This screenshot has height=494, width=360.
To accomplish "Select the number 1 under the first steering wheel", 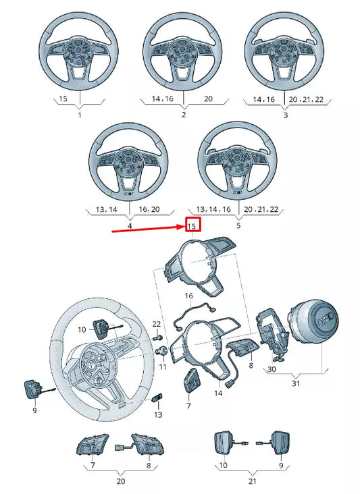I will (x=80, y=115).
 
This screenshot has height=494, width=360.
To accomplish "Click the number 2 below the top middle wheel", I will (x=182, y=115).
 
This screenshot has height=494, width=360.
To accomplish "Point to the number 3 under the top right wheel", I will (x=285, y=115).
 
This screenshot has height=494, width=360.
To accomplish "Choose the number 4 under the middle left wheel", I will (x=130, y=225).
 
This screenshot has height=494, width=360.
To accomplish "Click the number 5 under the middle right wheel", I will (x=238, y=225).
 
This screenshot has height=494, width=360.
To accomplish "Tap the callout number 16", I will (x=188, y=296).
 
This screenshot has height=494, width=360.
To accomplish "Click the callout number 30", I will (x=272, y=369).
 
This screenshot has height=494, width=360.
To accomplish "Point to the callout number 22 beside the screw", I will (x=156, y=325).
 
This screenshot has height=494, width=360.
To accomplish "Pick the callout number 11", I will (x=162, y=366).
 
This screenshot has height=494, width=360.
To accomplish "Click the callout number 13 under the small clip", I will (x=158, y=414).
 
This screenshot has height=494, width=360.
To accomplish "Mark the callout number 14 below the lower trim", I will (x=218, y=392).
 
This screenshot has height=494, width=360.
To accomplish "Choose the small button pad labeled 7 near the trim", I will (x=188, y=383).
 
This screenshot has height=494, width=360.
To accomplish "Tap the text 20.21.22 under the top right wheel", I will (x=306, y=99).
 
